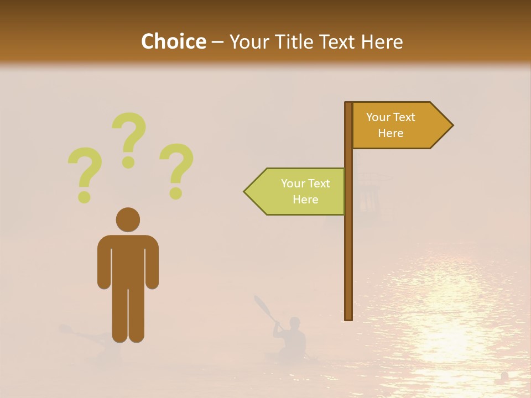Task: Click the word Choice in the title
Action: click(173, 42)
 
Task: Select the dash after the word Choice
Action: click(217, 43)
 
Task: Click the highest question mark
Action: click(129, 140)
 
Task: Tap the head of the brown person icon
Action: click(128, 219)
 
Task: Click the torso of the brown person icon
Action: click(128, 260)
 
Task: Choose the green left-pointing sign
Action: click(296, 192)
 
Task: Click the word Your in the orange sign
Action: click(378, 117)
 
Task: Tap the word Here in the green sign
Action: click(305, 200)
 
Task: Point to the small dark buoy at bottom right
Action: click(504, 376)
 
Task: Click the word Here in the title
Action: click(383, 42)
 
